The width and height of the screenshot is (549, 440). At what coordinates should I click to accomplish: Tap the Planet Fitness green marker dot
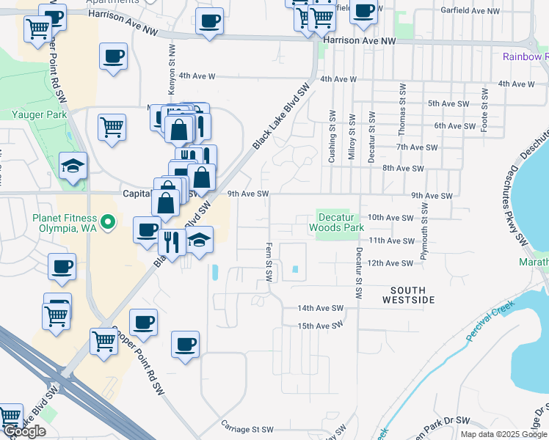(108, 221)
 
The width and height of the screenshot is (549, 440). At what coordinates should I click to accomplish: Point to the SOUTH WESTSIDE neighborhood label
(409, 295)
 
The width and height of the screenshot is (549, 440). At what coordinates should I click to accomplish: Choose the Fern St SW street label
(269, 263)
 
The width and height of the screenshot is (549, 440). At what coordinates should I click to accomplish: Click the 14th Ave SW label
(321, 308)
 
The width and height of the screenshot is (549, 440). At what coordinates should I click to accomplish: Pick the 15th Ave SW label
(321, 326)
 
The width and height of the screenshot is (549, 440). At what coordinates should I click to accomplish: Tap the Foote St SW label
(484, 110)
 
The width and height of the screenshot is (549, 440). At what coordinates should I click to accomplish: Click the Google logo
(24, 432)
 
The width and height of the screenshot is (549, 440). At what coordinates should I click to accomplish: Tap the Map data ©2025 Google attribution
(503, 434)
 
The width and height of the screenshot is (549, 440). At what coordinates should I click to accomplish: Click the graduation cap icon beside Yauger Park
(74, 166)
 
